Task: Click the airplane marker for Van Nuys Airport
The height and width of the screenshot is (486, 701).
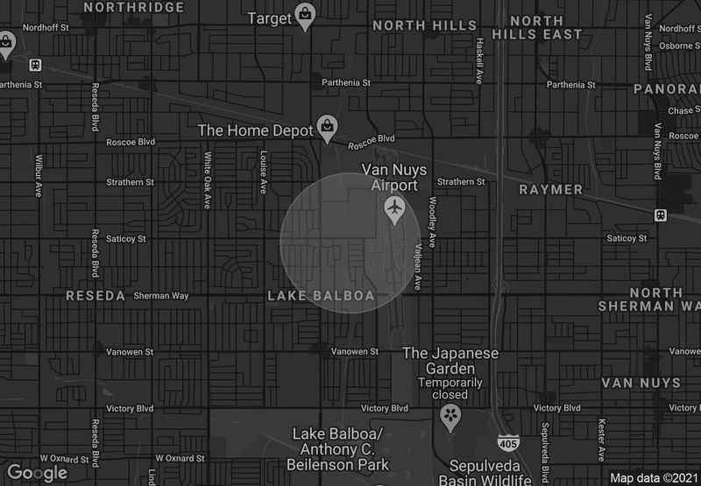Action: click(x=395, y=208)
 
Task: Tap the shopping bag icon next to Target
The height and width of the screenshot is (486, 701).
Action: click(x=304, y=15)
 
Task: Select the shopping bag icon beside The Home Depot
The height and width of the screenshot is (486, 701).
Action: click(x=327, y=127)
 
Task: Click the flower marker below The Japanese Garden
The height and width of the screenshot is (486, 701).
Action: click(x=450, y=414)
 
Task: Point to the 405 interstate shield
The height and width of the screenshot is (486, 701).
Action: click(x=506, y=443)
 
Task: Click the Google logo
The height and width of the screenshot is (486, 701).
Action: click(x=37, y=473)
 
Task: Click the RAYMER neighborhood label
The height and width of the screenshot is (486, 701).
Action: click(x=550, y=189)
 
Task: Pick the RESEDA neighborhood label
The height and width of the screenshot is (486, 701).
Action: click(x=96, y=296)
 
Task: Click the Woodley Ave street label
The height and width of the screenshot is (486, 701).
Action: click(x=431, y=222)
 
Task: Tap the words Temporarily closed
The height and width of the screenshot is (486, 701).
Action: click(x=450, y=389)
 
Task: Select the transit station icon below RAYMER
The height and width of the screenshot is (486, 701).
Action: click(x=660, y=215)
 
